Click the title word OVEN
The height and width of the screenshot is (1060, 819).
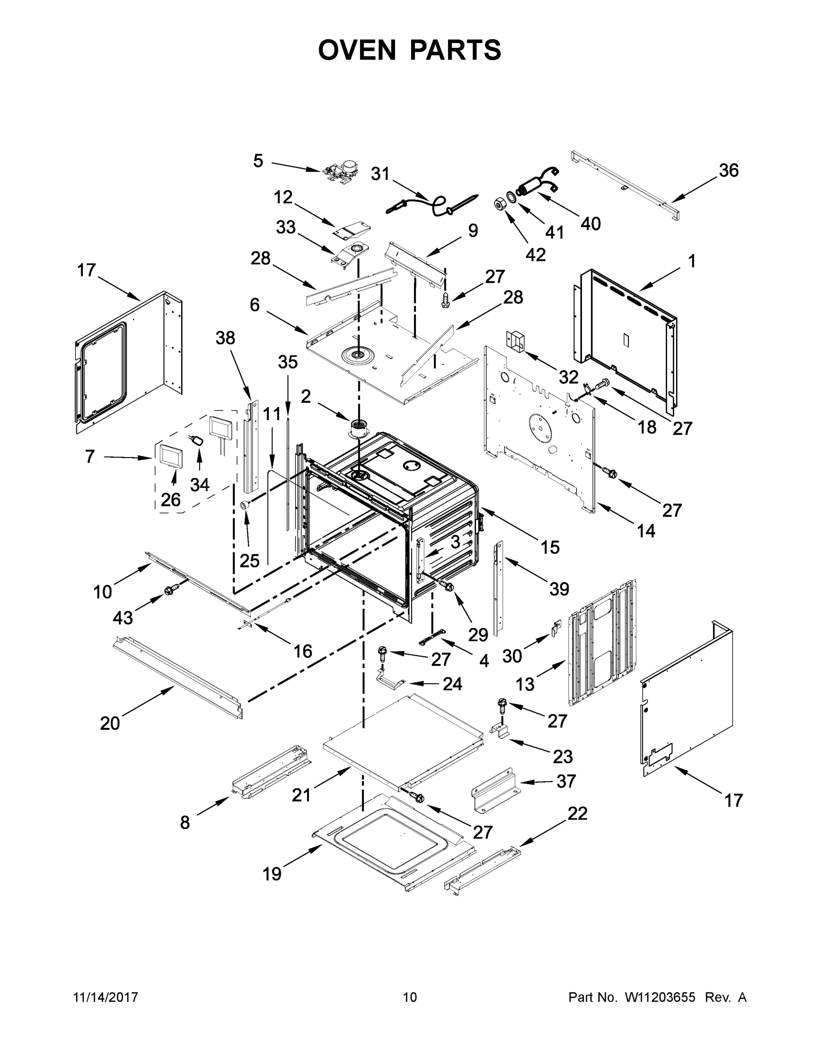tap(357, 50)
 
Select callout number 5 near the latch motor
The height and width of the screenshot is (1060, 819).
tap(258, 161)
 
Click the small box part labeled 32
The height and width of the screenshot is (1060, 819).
tap(516, 340)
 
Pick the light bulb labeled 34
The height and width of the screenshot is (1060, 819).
tap(196, 440)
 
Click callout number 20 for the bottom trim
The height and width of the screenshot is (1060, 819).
tap(109, 723)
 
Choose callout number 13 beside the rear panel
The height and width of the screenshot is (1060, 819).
tap(525, 684)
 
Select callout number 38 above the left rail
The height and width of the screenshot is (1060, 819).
tap(225, 338)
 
